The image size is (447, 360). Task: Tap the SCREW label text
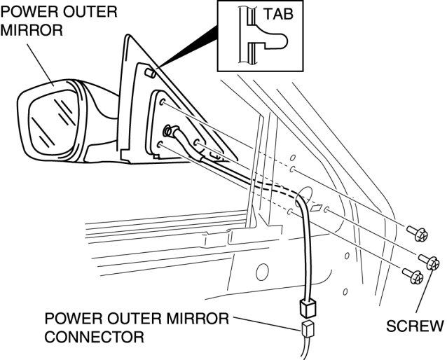coord(415,325)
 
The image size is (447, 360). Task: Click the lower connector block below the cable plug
coord(307,330)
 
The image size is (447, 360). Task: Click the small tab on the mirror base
coord(150,72)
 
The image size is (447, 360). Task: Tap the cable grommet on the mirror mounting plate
coord(168,130)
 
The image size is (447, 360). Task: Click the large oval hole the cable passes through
coord(303,200)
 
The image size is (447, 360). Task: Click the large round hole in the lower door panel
coord(262,271)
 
